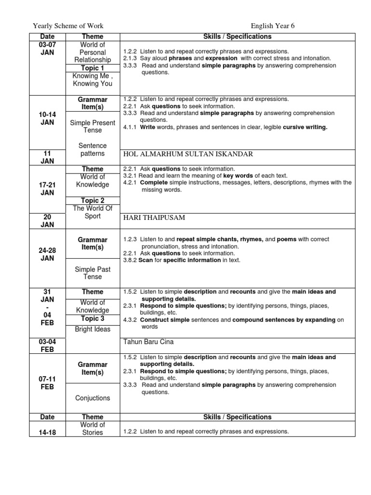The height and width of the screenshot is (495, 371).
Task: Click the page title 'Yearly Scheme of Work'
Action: pyautogui.click(x=68, y=26)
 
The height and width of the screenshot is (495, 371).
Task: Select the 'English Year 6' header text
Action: pyautogui.click(x=272, y=26)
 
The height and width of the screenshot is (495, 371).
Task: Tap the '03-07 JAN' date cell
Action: pyautogui.click(x=48, y=48)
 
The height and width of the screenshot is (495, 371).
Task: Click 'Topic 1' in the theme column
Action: pyautogui.click(x=92, y=68)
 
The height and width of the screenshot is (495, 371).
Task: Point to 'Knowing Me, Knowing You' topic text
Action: pyautogui.click(x=92, y=80)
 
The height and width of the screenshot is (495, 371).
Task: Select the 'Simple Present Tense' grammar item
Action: pyautogui.click(x=92, y=127)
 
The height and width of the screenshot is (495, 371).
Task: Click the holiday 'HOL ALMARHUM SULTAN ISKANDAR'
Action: pyautogui.click(x=188, y=154)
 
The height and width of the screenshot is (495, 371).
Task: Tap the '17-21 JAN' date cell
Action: pyautogui.click(x=48, y=189)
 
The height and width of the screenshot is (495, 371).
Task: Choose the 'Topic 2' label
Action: pyautogui.click(x=92, y=201)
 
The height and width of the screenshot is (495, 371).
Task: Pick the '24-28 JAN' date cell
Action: pyautogui.click(x=48, y=254)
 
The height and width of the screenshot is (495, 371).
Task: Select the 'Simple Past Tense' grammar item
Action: pyautogui.click(x=92, y=273)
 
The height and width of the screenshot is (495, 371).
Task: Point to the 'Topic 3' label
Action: pyautogui.click(x=92, y=319)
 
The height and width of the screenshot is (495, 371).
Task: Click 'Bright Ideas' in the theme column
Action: pyautogui.click(x=92, y=329)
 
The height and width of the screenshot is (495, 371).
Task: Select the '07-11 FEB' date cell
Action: pyautogui.click(x=48, y=383)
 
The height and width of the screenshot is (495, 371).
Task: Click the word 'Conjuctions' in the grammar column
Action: pyautogui.click(x=92, y=398)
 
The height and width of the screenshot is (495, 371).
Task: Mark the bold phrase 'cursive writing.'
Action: pyautogui.click(x=305, y=127)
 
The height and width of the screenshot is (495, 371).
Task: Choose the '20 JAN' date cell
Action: pyautogui.click(x=48, y=221)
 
